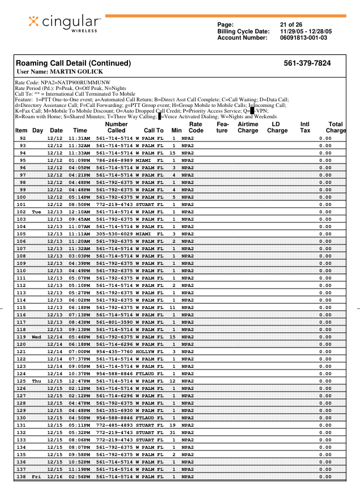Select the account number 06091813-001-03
303,38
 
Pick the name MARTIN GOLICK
75,72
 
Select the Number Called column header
117,127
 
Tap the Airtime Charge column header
248,127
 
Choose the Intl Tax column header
305,127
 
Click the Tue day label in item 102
37,212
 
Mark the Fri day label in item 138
37,476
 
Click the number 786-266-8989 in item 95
115,160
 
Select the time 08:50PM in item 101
79,204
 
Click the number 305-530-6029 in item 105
115,234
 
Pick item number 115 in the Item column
22,307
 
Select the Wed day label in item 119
37,337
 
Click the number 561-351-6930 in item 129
115,410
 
